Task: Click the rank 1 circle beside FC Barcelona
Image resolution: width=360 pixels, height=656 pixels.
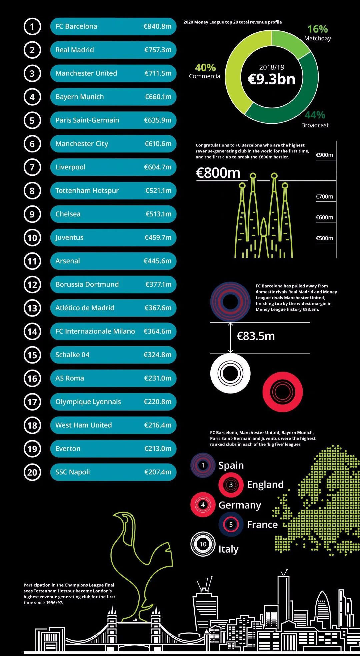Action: tap(32, 27)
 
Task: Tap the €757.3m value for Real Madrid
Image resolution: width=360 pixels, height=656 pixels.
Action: tap(158, 50)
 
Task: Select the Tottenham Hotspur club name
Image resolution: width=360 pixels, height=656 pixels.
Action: tap(87, 191)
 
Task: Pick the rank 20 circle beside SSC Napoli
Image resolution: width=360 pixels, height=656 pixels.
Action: tap(32, 472)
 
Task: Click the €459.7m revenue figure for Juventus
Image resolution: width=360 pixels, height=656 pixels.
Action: tap(158, 238)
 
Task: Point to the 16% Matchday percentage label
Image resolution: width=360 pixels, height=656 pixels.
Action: tap(317, 29)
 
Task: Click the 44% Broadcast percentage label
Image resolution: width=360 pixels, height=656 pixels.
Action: tap(315, 115)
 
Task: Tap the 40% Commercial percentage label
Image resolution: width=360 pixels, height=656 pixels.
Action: tap(205, 68)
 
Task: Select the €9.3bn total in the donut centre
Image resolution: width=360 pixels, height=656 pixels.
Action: tap(272, 79)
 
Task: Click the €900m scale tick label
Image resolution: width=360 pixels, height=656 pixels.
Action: tap(324, 155)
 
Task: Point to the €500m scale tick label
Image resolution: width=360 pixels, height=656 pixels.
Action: tap(324, 238)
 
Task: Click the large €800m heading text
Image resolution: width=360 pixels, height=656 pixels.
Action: tap(218, 173)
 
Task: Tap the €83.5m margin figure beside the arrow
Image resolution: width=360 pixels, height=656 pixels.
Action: tap(256, 336)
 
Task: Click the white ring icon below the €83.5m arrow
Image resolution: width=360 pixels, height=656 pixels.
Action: tap(230, 373)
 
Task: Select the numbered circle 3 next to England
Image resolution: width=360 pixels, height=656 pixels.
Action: tap(231, 485)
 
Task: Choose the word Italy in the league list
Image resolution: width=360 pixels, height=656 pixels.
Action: tap(228, 549)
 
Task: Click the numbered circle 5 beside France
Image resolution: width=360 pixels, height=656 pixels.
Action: tap(231, 525)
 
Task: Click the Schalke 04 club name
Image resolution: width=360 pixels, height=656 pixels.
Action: tap(72, 355)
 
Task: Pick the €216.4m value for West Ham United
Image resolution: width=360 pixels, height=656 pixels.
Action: tap(158, 425)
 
